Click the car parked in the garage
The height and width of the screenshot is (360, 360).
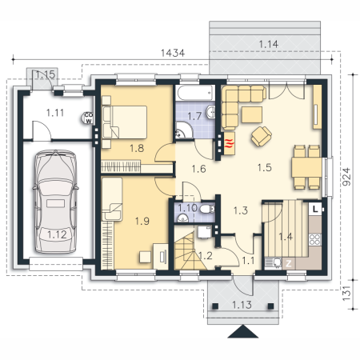[55, 202]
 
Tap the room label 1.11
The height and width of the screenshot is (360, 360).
[55, 113]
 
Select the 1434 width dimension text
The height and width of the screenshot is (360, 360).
[173, 53]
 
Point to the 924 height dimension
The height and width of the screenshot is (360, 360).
[346, 177]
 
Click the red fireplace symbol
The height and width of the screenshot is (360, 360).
[230, 143]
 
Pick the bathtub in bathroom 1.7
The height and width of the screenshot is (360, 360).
[195, 93]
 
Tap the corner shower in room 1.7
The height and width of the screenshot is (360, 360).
[184, 130]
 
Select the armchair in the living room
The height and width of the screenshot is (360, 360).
[261, 136]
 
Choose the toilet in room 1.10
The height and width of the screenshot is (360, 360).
[207, 209]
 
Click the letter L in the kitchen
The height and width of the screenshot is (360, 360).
[315, 209]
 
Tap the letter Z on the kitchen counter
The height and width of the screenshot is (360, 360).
[289, 264]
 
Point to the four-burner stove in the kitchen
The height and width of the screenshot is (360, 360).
[314, 239]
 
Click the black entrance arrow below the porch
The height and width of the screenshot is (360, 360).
[243, 331]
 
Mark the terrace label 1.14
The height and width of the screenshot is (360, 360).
[269, 44]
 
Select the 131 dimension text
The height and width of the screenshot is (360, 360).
[346, 294]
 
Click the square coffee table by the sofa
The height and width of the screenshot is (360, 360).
[252, 114]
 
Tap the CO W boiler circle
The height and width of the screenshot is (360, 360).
[88, 118]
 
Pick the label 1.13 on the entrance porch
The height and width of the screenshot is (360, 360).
[242, 305]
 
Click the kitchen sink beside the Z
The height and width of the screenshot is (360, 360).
[274, 263]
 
